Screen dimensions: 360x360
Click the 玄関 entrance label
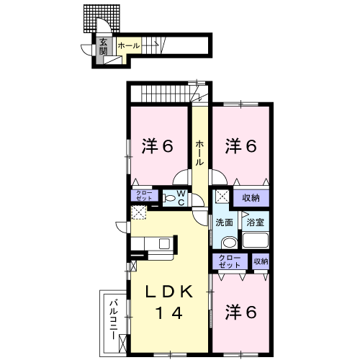coord(104,47)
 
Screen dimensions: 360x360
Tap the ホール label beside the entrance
coord(129,46)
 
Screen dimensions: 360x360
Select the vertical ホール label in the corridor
coord(200,153)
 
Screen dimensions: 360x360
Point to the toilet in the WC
coord(167,197)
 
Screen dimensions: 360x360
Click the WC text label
coord(181,198)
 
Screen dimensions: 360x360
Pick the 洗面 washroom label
coord(223,222)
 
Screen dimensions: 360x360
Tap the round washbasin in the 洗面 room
coord(228,243)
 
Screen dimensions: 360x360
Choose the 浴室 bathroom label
coord(256,222)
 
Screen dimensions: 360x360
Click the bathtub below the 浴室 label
coord(256,241)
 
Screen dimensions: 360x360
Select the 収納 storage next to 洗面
coord(251,197)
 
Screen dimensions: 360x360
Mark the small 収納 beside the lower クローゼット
coord(260,261)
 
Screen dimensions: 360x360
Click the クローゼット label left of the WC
coord(141,197)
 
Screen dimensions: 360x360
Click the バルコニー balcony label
coord(113,316)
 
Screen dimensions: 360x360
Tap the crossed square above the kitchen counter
coord(138,212)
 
